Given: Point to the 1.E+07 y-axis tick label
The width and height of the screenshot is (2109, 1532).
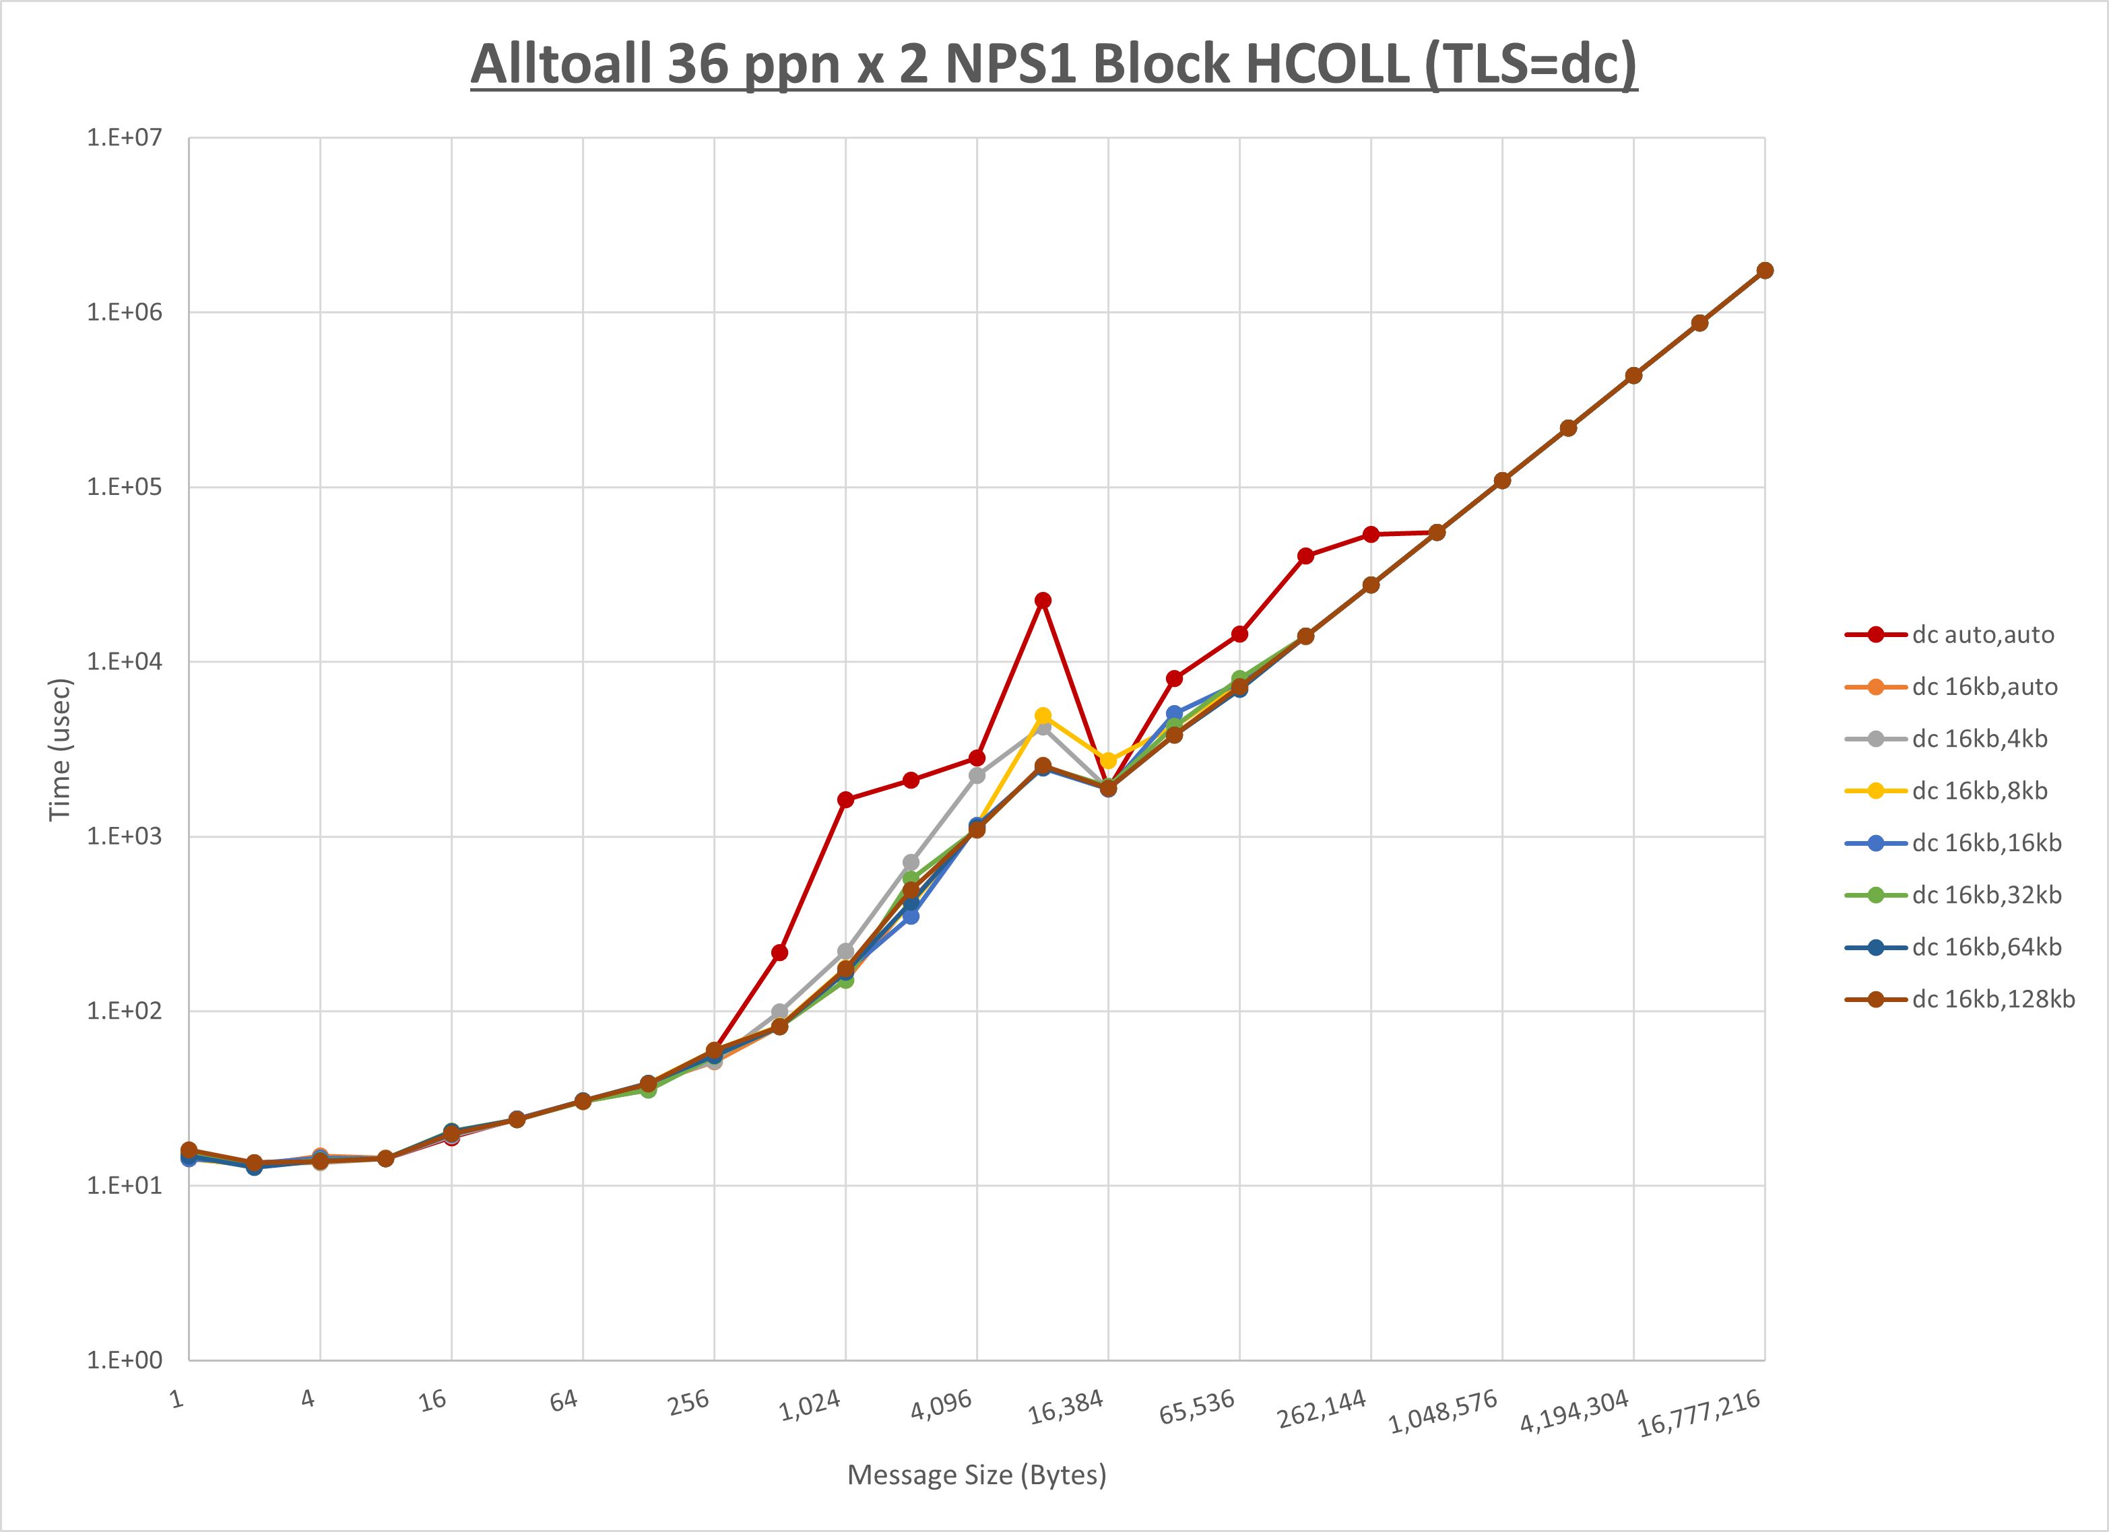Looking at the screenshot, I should [x=125, y=137].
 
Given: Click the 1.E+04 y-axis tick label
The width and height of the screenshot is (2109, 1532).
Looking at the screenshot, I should [x=125, y=662].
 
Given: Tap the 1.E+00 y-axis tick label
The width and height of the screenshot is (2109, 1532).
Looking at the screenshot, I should [x=125, y=1361].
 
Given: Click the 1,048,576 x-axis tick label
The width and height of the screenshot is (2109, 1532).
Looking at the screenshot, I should [x=1443, y=1411].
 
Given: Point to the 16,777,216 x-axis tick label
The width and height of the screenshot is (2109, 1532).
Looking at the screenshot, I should [x=1699, y=1413].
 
